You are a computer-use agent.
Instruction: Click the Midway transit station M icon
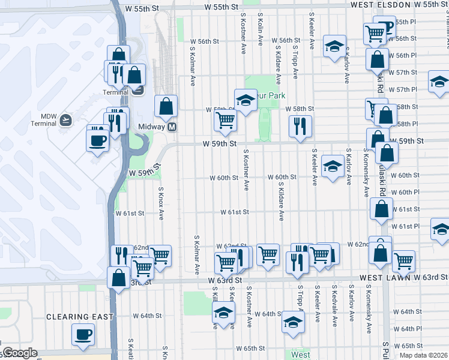[x=172, y=127]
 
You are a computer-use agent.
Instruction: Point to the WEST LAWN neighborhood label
[x=385, y=278]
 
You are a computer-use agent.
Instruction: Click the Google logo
[x=19, y=353]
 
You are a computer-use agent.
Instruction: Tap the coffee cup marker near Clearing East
[x=83, y=334]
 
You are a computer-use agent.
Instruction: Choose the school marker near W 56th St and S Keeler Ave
[x=334, y=46]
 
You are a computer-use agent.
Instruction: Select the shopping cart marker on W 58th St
[x=226, y=120]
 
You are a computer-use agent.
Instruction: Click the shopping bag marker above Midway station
[x=166, y=106]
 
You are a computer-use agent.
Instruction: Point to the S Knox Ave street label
[x=161, y=202]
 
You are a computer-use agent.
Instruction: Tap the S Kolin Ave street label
[x=261, y=30]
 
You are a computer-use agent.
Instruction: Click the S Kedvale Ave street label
[x=334, y=304]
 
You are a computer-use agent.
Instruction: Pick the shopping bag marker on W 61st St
[x=382, y=209]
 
